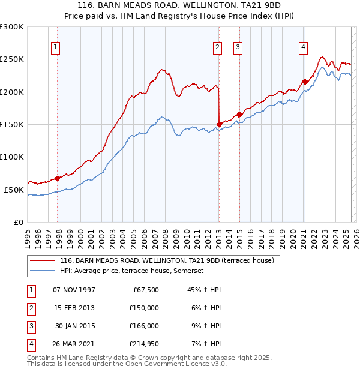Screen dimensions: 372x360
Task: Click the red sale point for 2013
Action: click(219, 125)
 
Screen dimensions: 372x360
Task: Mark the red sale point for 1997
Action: click(58, 178)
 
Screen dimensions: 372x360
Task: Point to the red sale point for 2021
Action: click(305, 82)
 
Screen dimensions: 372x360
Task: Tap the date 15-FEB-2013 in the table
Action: click(74, 308)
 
